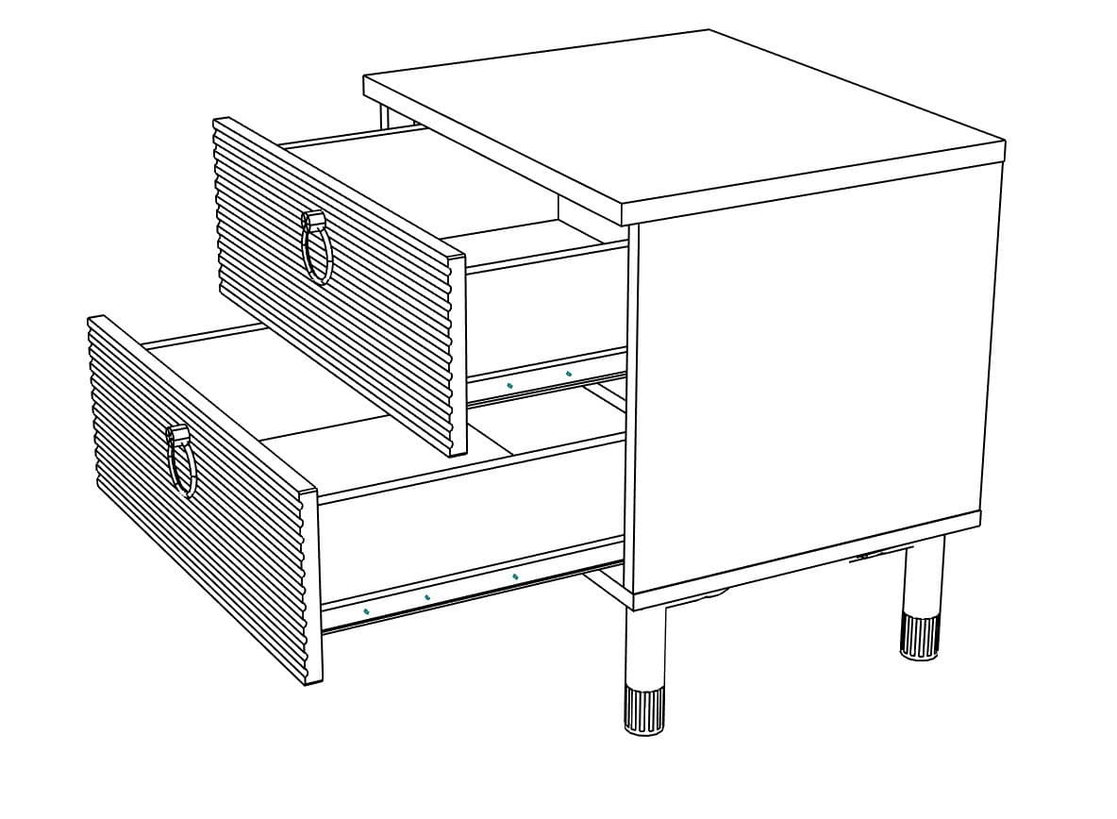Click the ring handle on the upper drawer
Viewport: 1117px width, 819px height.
(x=317, y=249)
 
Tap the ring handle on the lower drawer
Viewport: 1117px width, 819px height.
(x=181, y=463)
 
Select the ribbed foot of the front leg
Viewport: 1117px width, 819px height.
(x=645, y=710)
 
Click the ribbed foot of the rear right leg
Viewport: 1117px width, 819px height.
(x=919, y=637)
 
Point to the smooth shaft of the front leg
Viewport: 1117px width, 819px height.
(x=645, y=646)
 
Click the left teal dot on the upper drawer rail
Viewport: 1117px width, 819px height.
(x=510, y=385)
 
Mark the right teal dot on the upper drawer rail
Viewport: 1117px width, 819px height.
(x=569, y=374)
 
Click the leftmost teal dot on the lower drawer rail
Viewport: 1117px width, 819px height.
(x=366, y=610)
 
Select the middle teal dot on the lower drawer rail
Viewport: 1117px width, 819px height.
(x=427, y=596)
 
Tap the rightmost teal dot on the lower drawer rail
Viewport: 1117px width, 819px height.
(x=514, y=576)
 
